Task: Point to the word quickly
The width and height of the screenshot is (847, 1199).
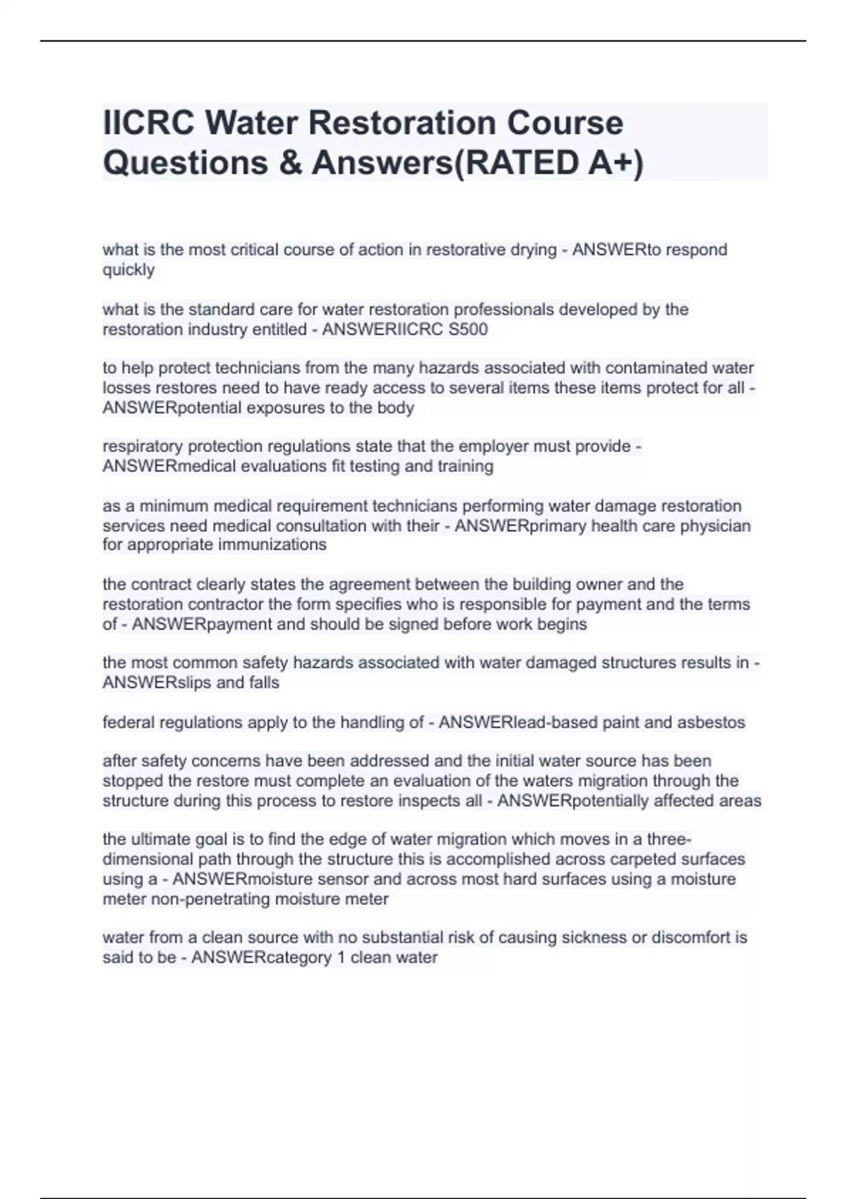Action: [x=128, y=270]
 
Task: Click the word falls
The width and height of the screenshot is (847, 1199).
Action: [x=263, y=683]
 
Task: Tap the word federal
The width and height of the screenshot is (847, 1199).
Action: [x=128, y=722]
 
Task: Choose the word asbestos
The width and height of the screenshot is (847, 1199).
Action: [x=711, y=722]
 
